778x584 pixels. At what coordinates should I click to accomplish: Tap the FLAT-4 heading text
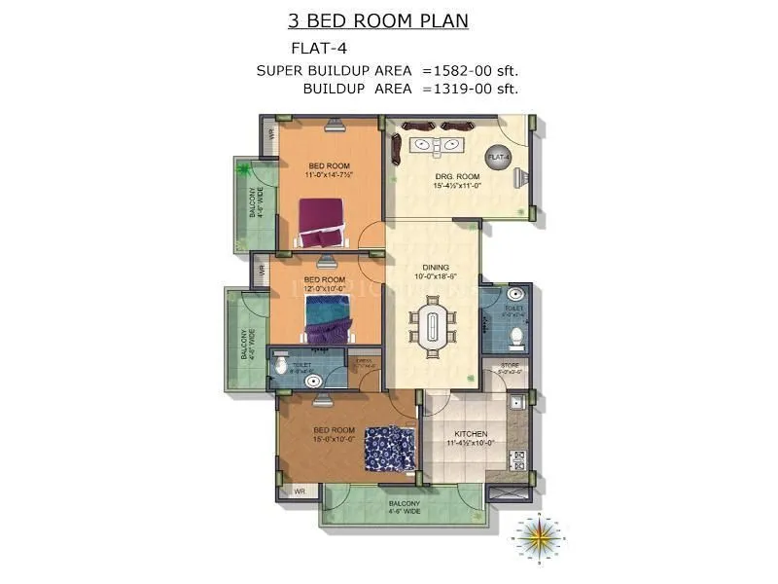[320, 47]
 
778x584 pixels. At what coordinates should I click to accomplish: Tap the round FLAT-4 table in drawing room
[498, 157]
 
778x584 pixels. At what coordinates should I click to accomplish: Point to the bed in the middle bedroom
[328, 319]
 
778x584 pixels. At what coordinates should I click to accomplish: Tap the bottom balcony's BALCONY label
[404, 503]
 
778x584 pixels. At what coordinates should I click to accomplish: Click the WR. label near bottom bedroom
[301, 493]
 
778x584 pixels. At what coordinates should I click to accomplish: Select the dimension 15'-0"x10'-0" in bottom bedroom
[331, 438]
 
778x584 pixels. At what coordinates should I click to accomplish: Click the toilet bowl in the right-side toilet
[517, 337]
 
